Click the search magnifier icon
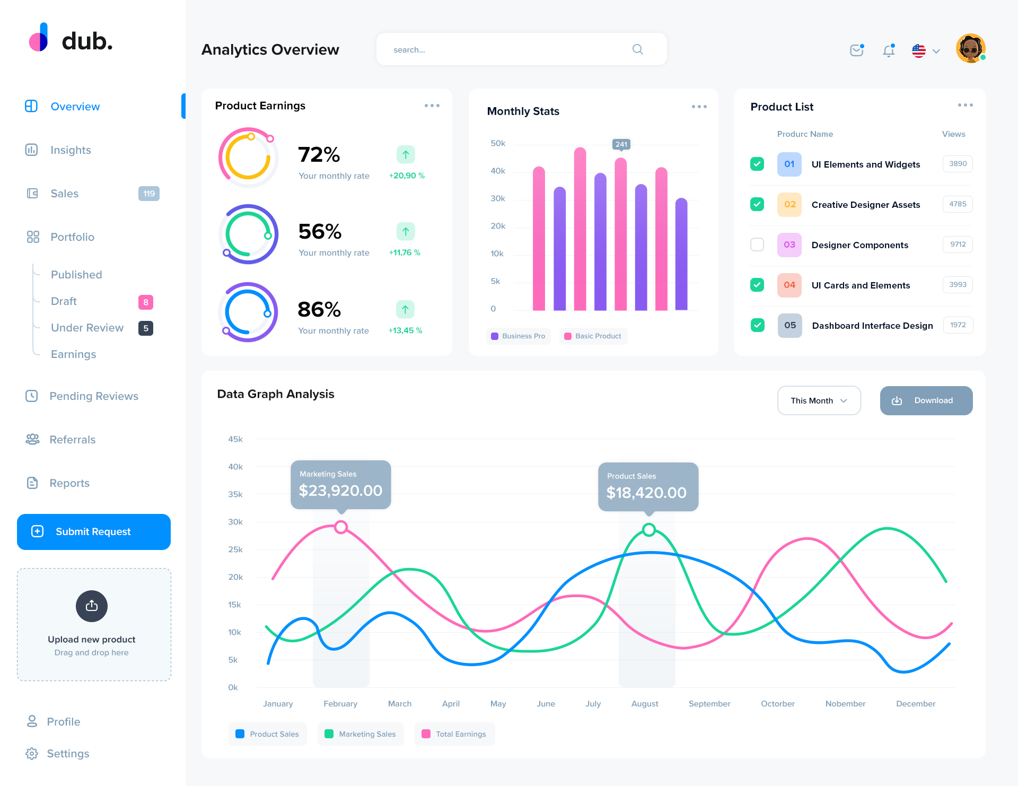(x=637, y=49)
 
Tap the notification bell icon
(x=889, y=50)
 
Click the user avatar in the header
(x=970, y=49)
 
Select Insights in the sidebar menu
(x=71, y=150)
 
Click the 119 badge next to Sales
(x=148, y=194)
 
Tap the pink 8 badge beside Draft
(x=146, y=302)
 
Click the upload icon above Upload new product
(x=92, y=606)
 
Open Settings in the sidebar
(x=68, y=754)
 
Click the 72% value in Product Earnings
(x=319, y=155)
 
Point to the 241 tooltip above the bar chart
(x=621, y=144)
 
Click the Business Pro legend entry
(x=518, y=336)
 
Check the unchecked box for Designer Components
(x=757, y=244)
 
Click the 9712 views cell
(x=958, y=244)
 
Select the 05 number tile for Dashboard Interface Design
(x=789, y=326)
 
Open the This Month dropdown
(x=819, y=400)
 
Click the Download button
(x=926, y=400)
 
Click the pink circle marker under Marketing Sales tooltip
(x=341, y=527)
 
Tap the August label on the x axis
(x=645, y=704)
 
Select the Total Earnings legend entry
(x=454, y=734)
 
